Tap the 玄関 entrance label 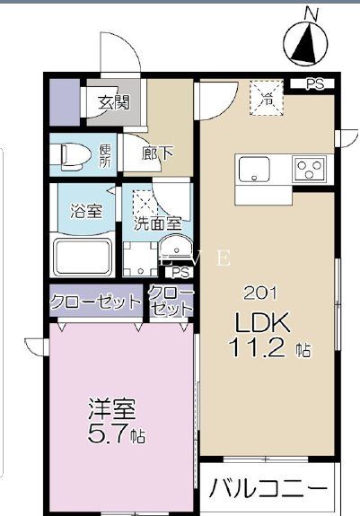point(113,101)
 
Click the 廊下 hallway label point(158,153)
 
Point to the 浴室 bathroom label point(86,212)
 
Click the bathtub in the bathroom point(82,258)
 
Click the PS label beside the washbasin point(180,273)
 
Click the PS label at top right point(313,85)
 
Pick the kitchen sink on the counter point(254,168)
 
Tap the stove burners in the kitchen point(311,169)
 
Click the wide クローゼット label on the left point(95,302)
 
